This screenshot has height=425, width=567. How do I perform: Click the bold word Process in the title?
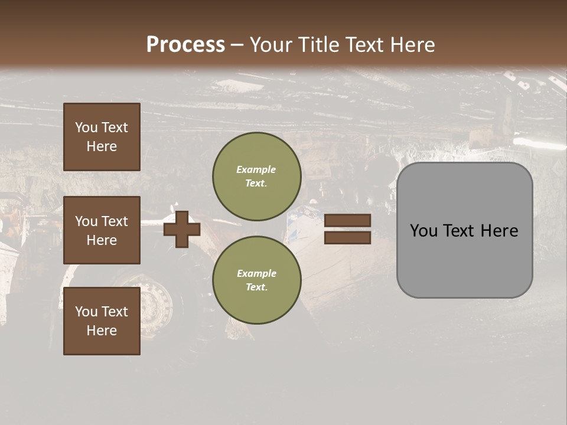click(185, 45)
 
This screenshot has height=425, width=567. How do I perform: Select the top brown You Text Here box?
click(102, 137)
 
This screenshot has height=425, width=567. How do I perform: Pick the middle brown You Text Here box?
click(102, 230)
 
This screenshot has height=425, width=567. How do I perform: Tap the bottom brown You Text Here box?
click(102, 321)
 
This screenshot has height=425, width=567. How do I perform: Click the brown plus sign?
click(182, 228)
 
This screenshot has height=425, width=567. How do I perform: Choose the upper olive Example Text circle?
click(256, 176)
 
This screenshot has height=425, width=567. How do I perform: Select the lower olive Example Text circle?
click(256, 280)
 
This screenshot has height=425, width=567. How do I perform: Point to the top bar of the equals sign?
click(347, 221)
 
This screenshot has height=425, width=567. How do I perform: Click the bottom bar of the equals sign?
click(347, 237)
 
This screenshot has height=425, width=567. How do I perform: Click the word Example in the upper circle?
click(256, 170)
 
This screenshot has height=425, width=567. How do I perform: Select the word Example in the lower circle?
click(256, 274)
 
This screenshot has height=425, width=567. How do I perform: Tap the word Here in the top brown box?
click(102, 146)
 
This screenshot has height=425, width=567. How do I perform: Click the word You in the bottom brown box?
click(86, 312)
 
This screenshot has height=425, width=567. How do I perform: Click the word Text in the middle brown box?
click(115, 221)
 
